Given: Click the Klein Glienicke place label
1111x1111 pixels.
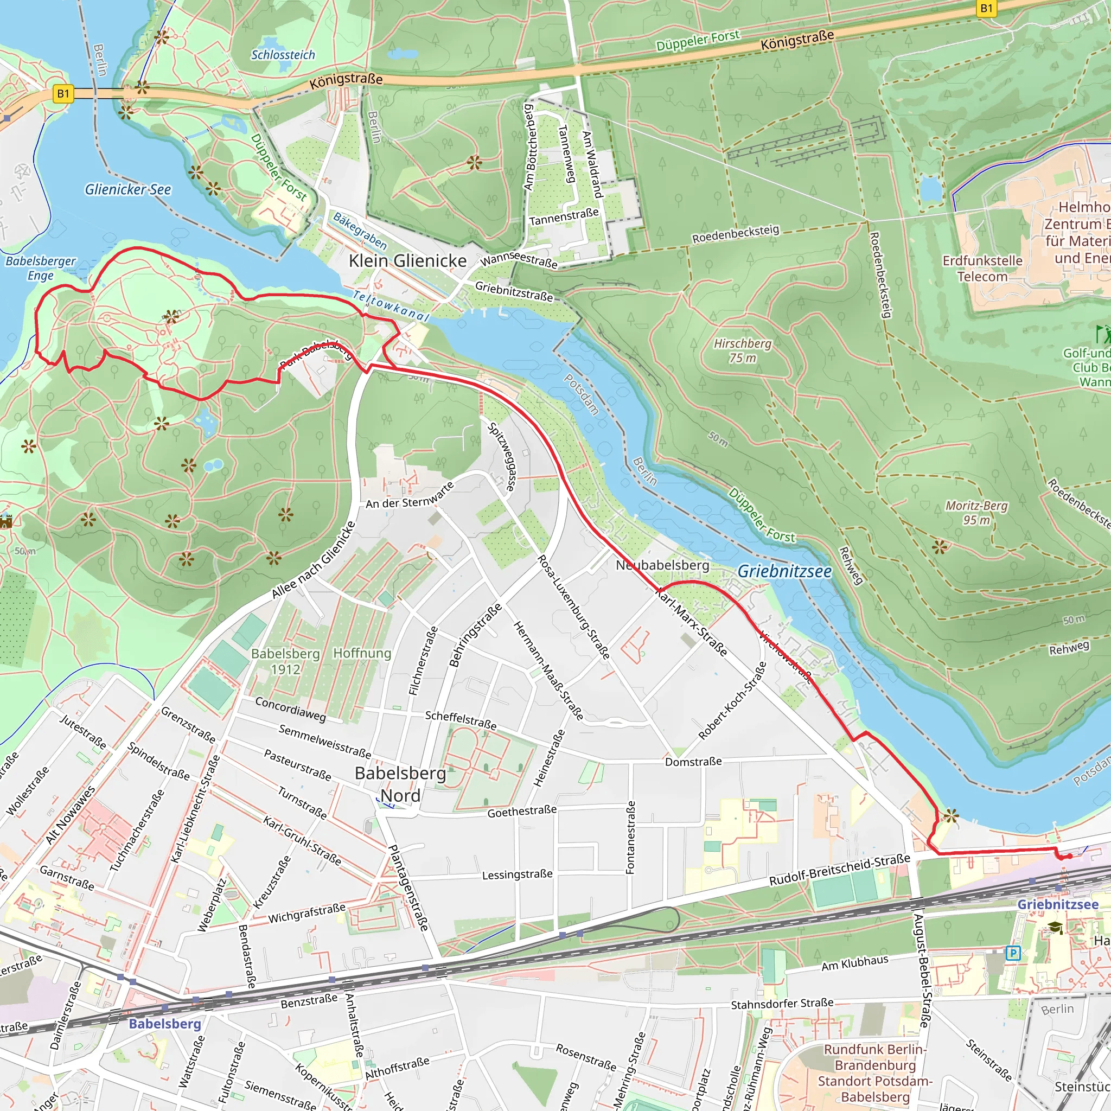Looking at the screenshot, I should pyautogui.click(x=407, y=260).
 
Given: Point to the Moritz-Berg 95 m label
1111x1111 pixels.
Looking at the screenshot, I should pyautogui.click(x=976, y=512).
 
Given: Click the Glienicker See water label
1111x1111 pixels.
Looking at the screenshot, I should pyautogui.click(x=127, y=189).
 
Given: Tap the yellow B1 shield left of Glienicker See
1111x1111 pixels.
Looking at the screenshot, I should pyautogui.click(x=63, y=94).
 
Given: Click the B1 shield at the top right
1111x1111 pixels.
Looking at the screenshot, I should pyautogui.click(x=986, y=8).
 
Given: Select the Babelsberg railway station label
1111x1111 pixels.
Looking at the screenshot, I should pyautogui.click(x=164, y=1024).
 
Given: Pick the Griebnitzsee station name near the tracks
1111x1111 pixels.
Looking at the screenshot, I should pyautogui.click(x=1057, y=904).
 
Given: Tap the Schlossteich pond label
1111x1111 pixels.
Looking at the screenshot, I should pyautogui.click(x=283, y=55).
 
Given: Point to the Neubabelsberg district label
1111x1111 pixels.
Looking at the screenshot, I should pyautogui.click(x=662, y=565).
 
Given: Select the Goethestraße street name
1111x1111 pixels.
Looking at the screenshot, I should pyautogui.click(x=521, y=812).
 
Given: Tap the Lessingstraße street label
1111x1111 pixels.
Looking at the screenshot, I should pyautogui.click(x=517, y=874).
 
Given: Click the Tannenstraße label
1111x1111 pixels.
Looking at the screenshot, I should pyautogui.click(x=564, y=217).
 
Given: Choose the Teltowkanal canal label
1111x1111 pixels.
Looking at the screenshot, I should pyautogui.click(x=391, y=305).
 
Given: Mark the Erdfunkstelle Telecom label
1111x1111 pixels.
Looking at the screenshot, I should pyautogui.click(x=982, y=269).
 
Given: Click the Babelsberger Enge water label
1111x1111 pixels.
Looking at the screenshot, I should pyautogui.click(x=40, y=268).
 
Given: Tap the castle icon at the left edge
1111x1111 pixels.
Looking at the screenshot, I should pyautogui.click(x=6, y=521).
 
